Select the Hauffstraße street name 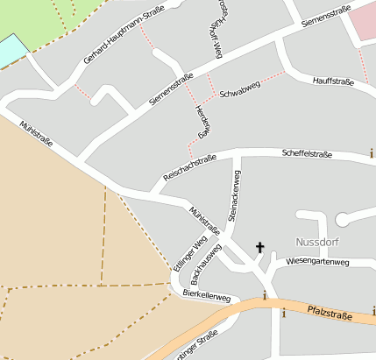coord(332,81)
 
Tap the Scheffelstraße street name coord(307,154)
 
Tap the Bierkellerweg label coord(207,297)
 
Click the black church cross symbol coord(259,248)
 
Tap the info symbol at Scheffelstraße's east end coord(371,153)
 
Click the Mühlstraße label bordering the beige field coord(36,135)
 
